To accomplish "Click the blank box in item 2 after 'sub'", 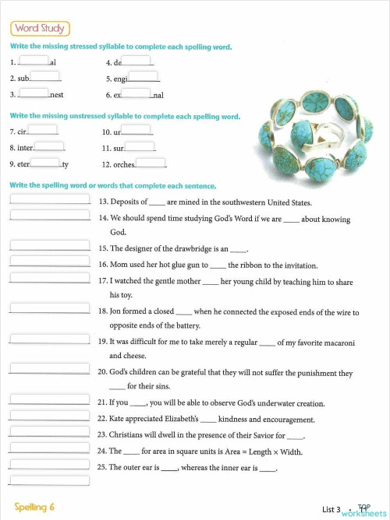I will pyautogui.click(x=44, y=76).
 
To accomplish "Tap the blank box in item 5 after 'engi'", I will pyautogui.click(x=144, y=76).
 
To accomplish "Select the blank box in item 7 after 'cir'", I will pyautogui.click(x=43, y=130).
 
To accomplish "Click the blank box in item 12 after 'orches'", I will pyautogui.click(x=151, y=163).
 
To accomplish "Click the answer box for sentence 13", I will pyautogui.click(x=49, y=199).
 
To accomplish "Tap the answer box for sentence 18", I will pyautogui.click(x=49, y=308).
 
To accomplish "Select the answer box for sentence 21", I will pyautogui.click(x=49, y=401).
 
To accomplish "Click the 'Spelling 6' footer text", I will pyautogui.click(x=34, y=507).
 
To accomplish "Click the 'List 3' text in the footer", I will pyautogui.click(x=331, y=510).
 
